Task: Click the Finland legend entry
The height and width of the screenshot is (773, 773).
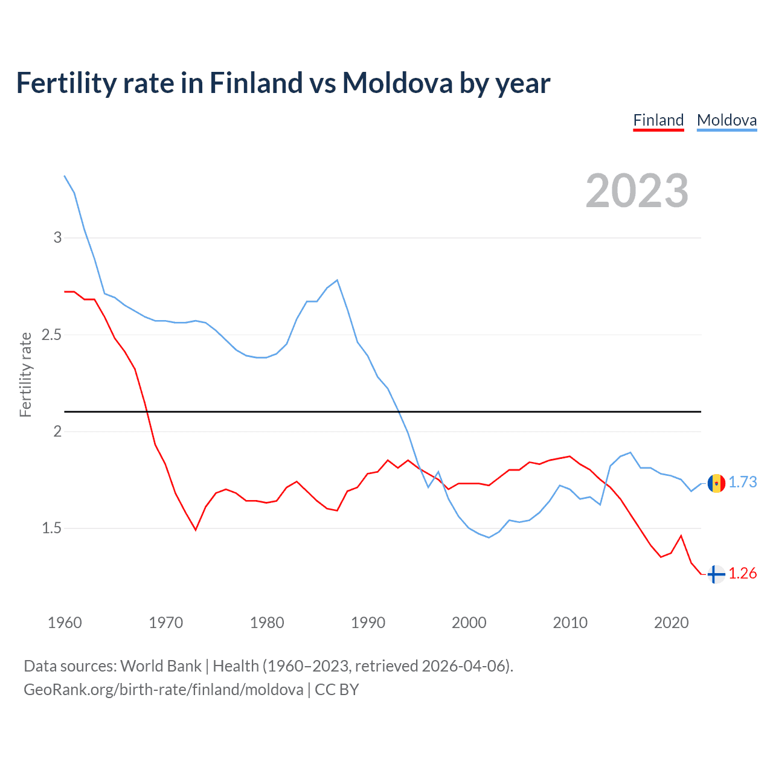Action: (658, 120)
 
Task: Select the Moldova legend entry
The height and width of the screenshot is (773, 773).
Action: (726, 120)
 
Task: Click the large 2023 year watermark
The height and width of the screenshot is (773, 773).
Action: (637, 191)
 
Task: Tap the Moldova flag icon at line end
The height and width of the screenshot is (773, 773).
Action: (716, 483)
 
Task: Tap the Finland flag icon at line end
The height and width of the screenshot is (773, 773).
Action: (716, 574)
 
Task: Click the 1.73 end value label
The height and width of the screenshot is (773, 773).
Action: (742, 482)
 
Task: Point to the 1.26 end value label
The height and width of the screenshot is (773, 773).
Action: (742, 573)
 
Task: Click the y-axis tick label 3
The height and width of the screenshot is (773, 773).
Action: (58, 237)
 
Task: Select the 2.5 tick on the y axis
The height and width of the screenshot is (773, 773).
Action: (52, 335)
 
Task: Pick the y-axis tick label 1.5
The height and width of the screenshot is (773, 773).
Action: (52, 528)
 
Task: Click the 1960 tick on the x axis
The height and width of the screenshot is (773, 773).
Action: (65, 623)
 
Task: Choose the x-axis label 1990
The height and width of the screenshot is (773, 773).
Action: (368, 623)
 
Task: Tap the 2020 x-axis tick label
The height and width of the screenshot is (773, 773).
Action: (671, 623)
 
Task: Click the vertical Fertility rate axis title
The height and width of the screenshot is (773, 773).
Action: (25, 374)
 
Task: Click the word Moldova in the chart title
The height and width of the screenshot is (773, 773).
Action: (397, 83)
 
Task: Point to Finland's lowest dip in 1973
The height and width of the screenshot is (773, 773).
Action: (196, 530)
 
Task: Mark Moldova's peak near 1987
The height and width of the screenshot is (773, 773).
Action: (337, 280)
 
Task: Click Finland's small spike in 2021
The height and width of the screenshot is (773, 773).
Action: (681, 536)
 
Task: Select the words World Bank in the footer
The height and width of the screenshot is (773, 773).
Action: (161, 666)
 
